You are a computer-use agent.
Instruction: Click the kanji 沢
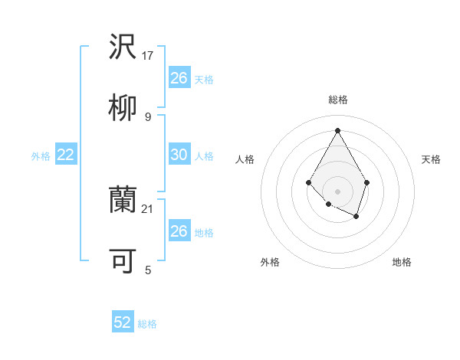pos(123,47)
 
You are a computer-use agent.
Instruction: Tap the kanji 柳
pos(123,108)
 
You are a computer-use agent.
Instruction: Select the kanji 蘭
pos(123,199)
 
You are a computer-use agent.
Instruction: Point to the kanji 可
pos(123,260)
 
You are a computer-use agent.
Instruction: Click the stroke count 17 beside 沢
pos(149,56)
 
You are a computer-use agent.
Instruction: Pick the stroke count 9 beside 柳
pos(148,116)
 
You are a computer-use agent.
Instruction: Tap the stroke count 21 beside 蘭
pos(149,208)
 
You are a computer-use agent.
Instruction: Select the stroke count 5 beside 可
pos(148,270)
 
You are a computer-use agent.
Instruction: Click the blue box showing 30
pos(179,155)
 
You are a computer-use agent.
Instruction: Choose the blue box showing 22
pos(66,155)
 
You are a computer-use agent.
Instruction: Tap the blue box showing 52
pos(123,322)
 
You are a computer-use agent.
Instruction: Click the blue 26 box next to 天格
pos(179,78)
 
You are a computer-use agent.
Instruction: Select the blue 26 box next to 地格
pos(179,231)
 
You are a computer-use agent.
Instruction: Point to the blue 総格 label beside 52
pos(147,324)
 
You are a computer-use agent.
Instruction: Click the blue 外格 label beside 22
pos(41,156)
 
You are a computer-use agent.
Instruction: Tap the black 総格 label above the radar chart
pos(337,100)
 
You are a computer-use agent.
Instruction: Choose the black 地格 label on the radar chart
pos(402,262)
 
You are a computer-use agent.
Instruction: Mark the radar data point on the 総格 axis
pos(337,129)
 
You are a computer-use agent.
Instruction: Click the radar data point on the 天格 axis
pos(367,182)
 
